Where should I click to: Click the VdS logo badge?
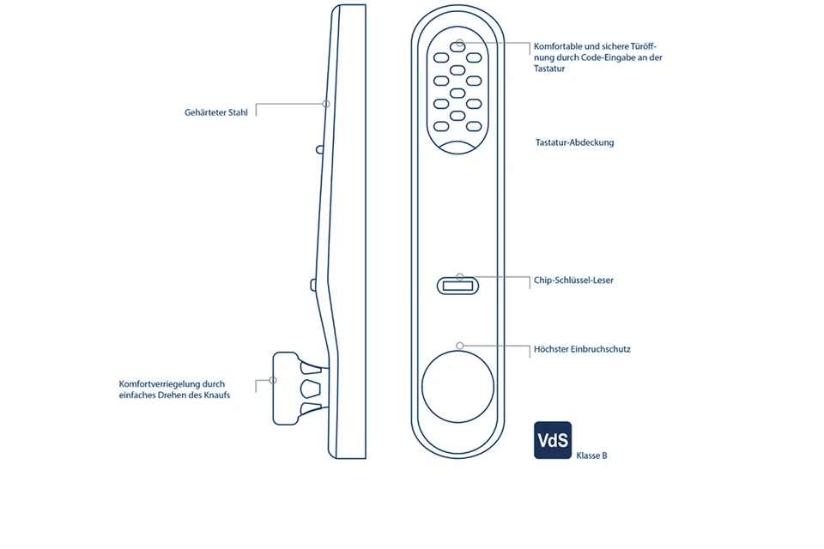click(553, 440)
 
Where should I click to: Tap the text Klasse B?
click(591, 455)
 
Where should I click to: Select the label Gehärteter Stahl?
click(215, 112)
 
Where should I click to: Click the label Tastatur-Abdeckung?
click(574, 142)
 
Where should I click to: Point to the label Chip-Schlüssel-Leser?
click(573, 280)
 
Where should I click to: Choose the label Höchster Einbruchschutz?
click(582, 349)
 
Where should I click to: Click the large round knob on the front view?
click(457, 386)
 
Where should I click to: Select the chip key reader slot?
click(459, 287)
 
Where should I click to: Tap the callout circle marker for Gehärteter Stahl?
click(325, 104)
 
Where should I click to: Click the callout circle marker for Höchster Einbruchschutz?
click(460, 345)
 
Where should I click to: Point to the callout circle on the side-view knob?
click(273, 380)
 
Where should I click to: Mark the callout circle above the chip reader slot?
click(460, 277)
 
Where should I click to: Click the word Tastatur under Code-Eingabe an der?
click(549, 69)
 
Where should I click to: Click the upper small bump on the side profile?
click(319, 149)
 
